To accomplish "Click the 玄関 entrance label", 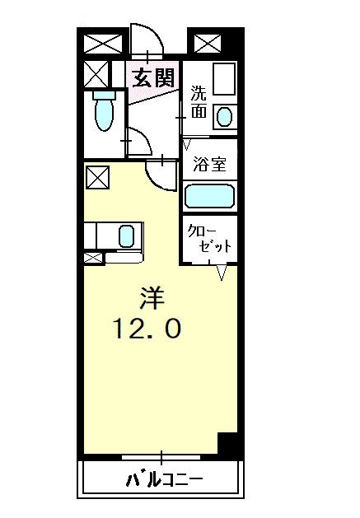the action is [x=153, y=78].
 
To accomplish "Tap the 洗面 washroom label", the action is [x=199, y=102].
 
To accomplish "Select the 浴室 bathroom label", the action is [x=209, y=164].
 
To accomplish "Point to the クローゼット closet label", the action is [x=209, y=239].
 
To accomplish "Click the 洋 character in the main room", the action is [x=152, y=297].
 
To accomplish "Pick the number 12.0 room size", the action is [x=147, y=328].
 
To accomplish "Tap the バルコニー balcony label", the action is [x=164, y=479].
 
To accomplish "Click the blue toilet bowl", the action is [x=104, y=115].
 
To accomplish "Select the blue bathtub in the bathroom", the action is [x=209, y=196].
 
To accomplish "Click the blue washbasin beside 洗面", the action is [x=224, y=117].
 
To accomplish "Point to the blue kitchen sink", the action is [x=126, y=236].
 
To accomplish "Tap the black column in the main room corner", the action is [x=227, y=443].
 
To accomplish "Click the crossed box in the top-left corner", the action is [x=103, y=44].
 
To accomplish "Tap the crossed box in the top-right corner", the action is [x=208, y=44].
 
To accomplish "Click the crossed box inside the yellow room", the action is [x=97, y=177].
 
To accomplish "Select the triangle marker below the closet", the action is [x=222, y=273].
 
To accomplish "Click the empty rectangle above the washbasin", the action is [x=224, y=79].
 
